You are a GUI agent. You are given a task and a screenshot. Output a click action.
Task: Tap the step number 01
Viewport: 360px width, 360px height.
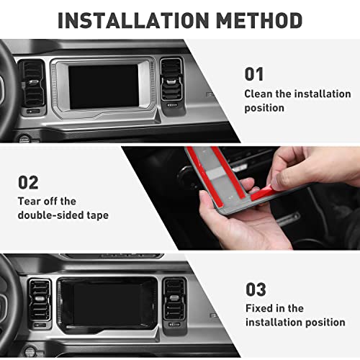coord(254,74)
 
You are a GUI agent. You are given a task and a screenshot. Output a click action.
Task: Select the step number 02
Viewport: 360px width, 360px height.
coord(29,182)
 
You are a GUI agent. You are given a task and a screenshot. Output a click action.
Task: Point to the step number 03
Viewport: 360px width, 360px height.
coord(256,289)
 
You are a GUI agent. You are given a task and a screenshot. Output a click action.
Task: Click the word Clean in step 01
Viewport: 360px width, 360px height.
coord(259,94)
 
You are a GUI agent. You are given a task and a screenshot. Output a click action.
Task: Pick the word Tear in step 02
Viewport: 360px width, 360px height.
coord(31,202)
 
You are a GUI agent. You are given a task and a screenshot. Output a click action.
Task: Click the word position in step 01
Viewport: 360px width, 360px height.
coord(265,108)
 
